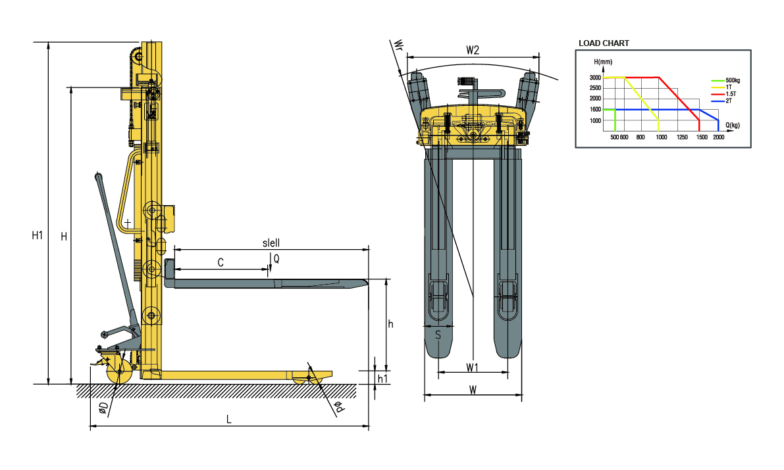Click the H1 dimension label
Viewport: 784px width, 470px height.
[38, 235]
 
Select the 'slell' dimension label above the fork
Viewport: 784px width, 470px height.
[271, 243]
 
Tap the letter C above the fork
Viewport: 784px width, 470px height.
[221, 262]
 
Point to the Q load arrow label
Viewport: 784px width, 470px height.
[276, 259]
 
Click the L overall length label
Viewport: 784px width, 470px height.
[229, 419]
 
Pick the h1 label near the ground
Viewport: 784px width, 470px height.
[382, 379]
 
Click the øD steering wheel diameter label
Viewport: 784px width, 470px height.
[103, 408]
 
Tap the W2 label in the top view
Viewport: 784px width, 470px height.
[473, 50]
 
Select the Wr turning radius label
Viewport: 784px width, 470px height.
[398, 45]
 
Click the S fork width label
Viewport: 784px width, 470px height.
[438, 335]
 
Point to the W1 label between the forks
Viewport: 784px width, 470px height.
[473, 367]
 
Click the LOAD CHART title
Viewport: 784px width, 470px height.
[604, 43]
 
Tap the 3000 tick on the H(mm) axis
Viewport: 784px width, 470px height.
[595, 78]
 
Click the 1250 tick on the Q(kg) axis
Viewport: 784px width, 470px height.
[682, 137]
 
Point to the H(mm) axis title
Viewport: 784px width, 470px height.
[603, 62]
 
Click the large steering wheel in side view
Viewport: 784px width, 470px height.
[119, 371]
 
